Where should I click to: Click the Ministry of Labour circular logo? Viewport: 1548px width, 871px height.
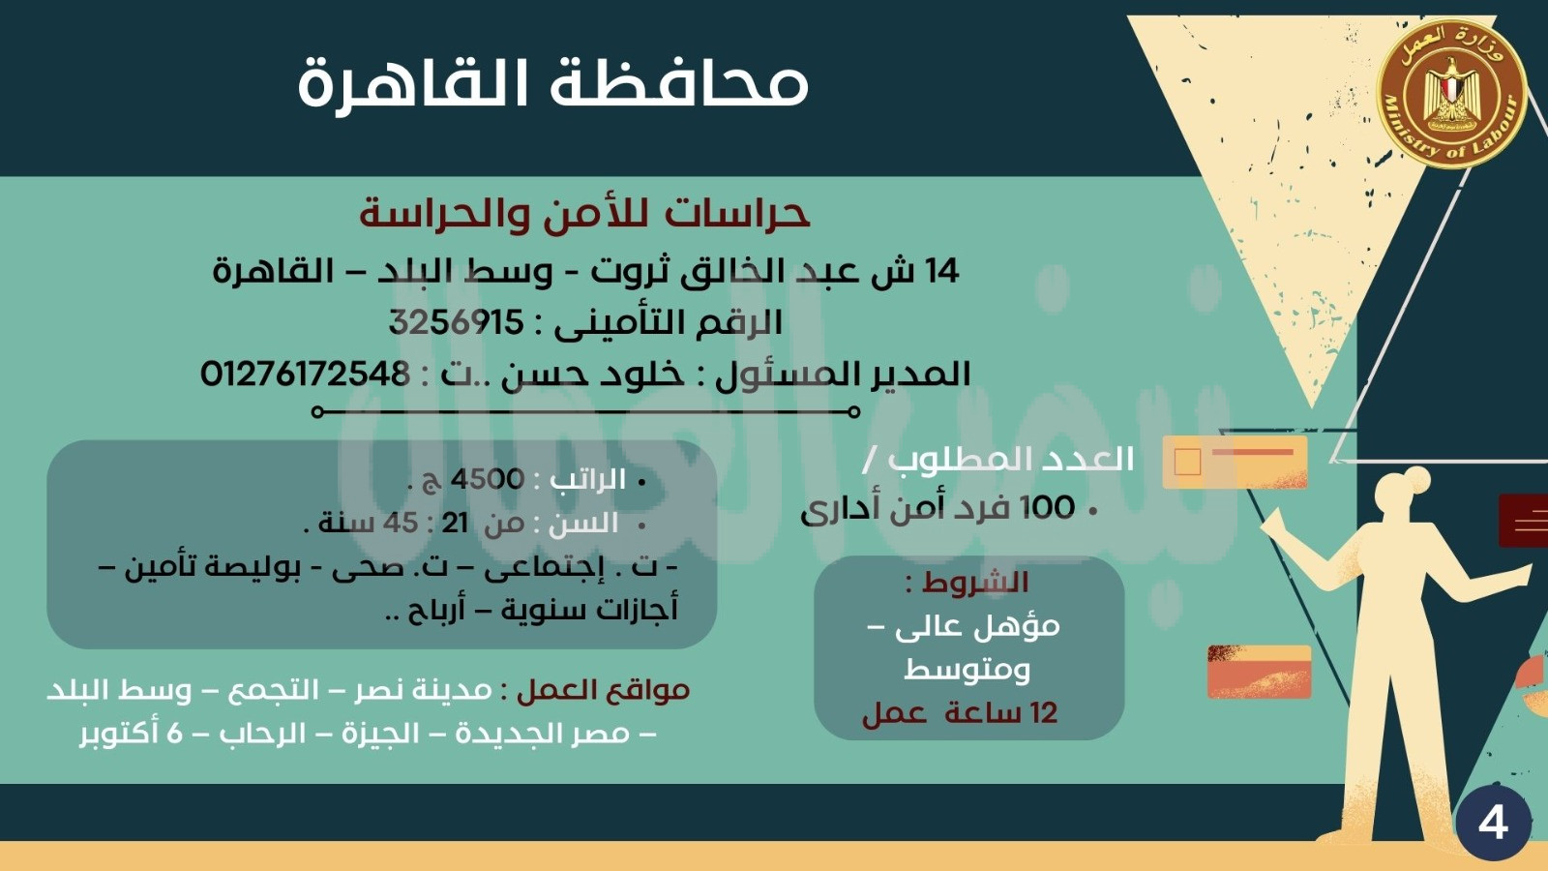click(x=1451, y=93)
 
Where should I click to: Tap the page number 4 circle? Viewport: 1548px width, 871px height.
click(x=1493, y=824)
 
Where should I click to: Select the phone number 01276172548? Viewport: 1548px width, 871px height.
click(x=305, y=374)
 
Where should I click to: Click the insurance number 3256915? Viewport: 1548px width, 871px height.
click(x=456, y=322)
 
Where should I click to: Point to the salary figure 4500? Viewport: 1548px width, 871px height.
click(x=488, y=479)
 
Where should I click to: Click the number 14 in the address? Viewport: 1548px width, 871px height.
click(x=940, y=271)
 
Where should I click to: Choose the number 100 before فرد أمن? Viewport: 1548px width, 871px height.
click(x=1048, y=508)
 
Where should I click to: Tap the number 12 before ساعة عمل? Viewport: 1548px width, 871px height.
click(x=1043, y=712)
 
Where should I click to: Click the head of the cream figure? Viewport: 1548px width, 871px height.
click(x=1402, y=492)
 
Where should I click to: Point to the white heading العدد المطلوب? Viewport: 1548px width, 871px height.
click(x=1010, y=460)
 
